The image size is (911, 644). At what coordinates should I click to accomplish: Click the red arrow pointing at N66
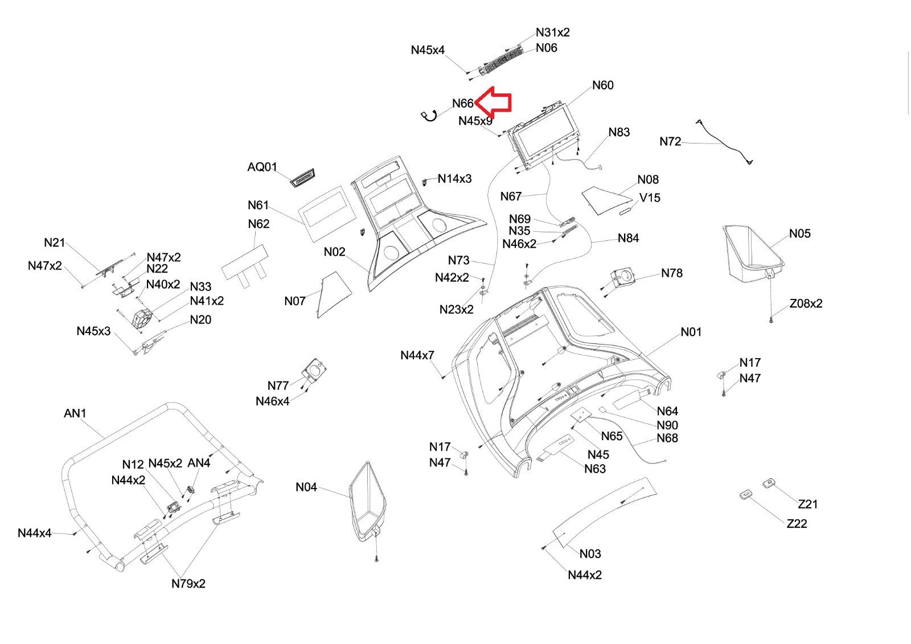click(x=495, y=102)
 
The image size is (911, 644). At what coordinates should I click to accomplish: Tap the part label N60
click(x=602, y=85)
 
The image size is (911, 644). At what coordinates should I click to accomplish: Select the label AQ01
click(x=262, y=167)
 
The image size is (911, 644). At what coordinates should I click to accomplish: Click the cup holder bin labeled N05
click(x=752, y=254)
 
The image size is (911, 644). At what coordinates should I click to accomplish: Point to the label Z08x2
click(x=806, y=303)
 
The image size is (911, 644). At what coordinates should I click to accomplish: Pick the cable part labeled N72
click(x=723, y=142)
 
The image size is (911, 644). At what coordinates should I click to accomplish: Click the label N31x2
click(x=552, y=32)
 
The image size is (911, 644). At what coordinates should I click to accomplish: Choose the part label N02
click(x=334, y=252)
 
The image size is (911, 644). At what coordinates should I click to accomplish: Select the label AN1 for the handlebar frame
click(x=75, y=413)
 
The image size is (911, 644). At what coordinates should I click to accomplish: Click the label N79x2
click(x=188, y=584)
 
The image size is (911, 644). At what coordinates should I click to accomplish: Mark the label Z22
click(x=797, y=524)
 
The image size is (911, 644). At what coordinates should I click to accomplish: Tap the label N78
click(x=672, y=273)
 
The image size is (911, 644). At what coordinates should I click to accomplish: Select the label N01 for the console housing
click(x=691, y=332)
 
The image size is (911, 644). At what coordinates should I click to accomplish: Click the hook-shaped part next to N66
click(x=428, y=116)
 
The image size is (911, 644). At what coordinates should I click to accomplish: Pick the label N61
click(x=258, y=206)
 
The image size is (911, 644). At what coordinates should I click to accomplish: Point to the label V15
click(x=650, y=198)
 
